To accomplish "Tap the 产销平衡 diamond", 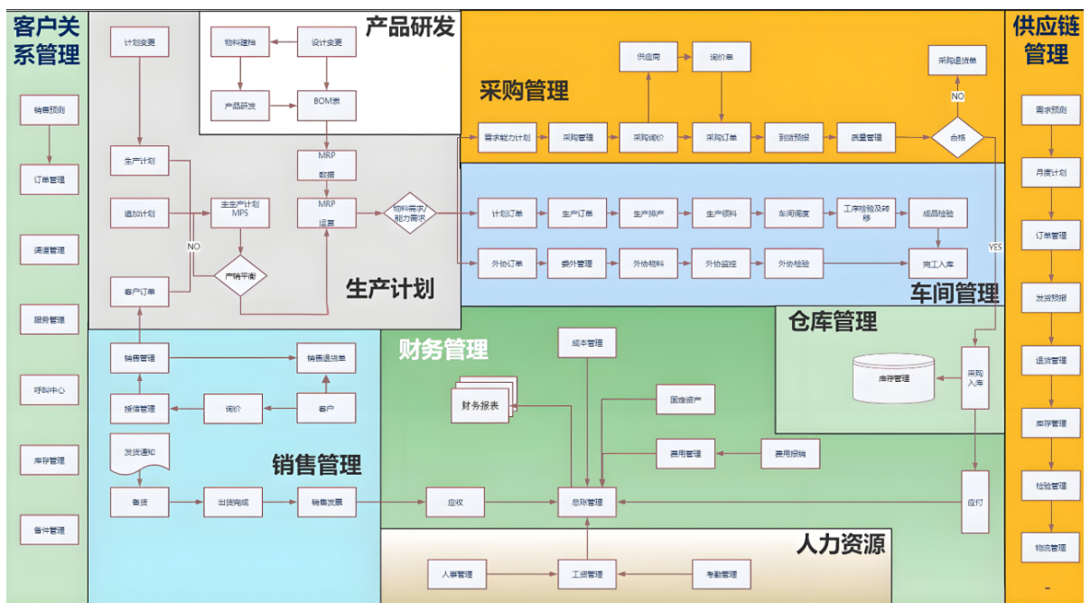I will pyautogui.click(x=241, y=275).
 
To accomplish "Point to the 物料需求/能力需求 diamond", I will pyautogui.click(x=410, y=213).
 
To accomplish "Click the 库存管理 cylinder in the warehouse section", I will pyautogui.click(x=893, y=378).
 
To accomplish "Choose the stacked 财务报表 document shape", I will pyautogui.click(x=481, y=403).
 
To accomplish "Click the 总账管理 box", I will pyautogui.click(x=588, y=502).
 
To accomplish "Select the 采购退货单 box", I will pyautogui.click(x=958, y=60).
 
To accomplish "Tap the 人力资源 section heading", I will pyautogui.click(x=840, y=543).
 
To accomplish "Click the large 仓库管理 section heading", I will pyautogui.click(x=832, y=321).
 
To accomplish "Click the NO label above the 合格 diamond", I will pyautogui.click(x=958, y=96).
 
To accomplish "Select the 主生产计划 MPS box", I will pyautogui.click(x=240, y=213).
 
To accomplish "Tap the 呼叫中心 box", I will pyautogui.click(x=49, y=391).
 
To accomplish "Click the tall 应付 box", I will pyautogui.click(x=975, y=502).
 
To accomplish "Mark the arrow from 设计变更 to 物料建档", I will pyautogui.click(x=283, y=42).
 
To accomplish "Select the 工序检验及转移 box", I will pyautogui.click(x=865, y=213).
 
